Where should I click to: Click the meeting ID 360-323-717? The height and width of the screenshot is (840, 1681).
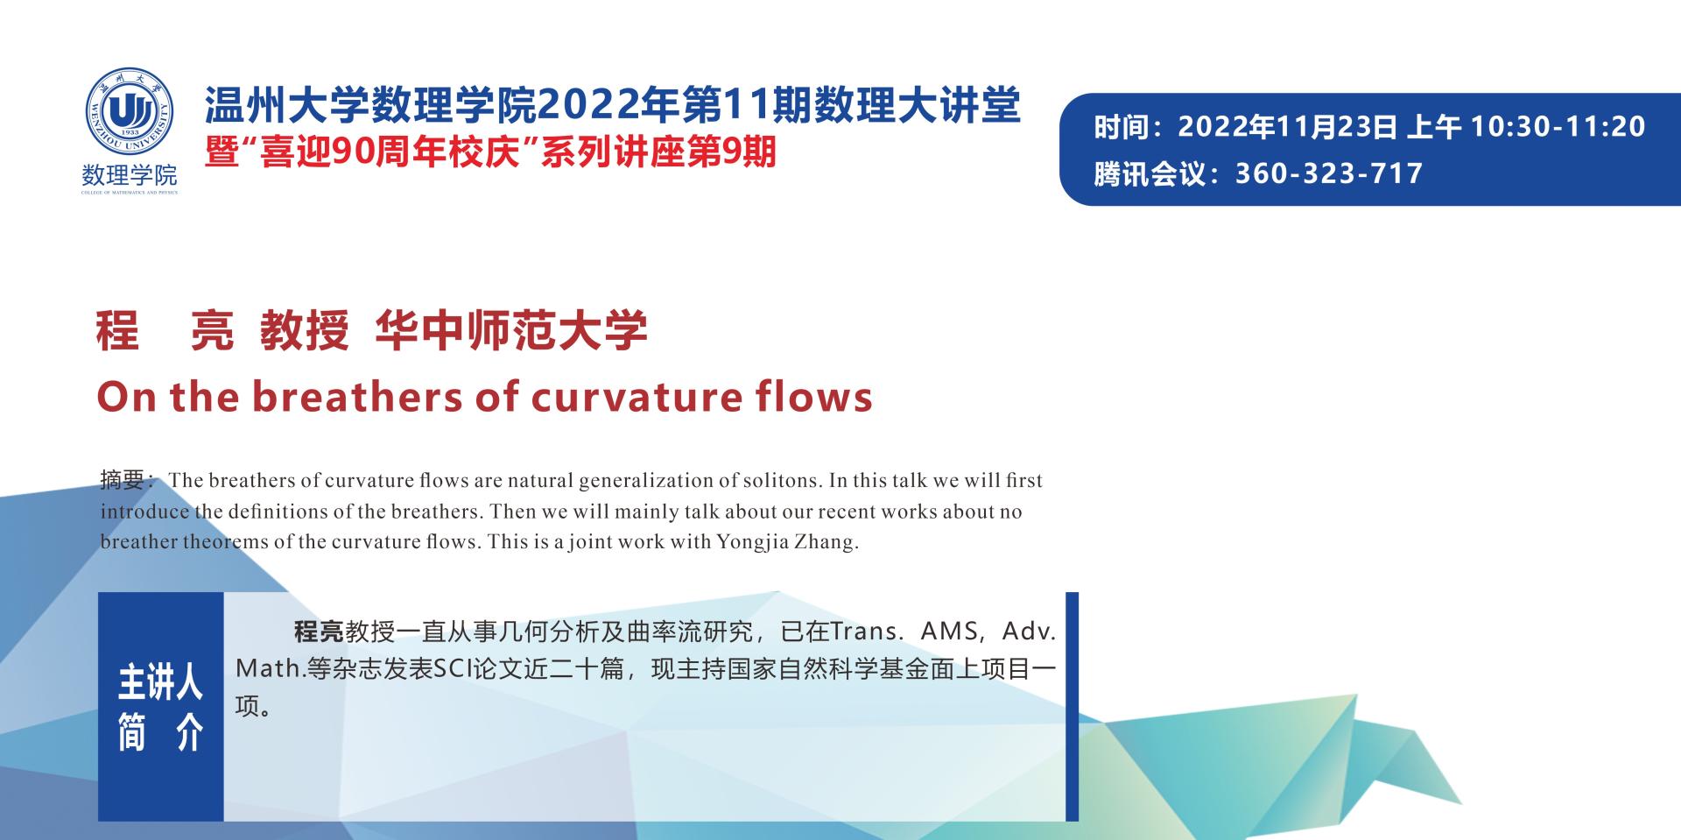click(x=1329, y=173)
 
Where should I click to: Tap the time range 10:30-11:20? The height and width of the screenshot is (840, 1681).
click(x=1558, y=127)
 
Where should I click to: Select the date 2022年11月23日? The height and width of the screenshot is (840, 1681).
click(x=1288, y=127)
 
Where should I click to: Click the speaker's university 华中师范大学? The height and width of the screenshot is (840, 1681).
click(x=511, y=331)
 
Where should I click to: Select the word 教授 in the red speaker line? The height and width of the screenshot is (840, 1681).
click(x=304, y=331)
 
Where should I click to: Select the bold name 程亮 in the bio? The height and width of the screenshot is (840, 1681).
click(x=319, y=632)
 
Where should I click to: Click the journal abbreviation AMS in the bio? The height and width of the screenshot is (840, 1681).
click(x=951, y=632)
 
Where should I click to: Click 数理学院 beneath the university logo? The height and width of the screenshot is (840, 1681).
click(x=130, y=174)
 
